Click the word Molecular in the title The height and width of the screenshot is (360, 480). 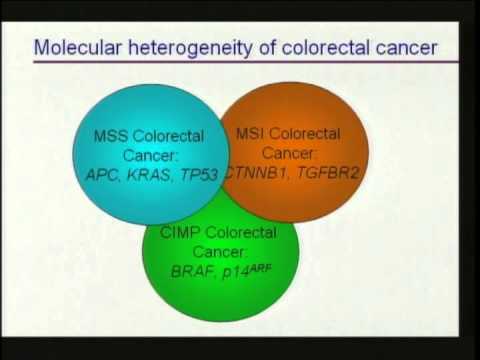(78, 47)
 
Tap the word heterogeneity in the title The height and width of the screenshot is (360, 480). (191, 48)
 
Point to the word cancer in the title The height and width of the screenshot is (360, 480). (406, 49)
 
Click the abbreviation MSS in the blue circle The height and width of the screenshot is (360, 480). (111, 136)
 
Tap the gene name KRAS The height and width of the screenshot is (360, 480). (148, 175)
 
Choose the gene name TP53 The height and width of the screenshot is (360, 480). (199, 175)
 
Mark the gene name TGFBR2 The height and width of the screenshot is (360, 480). (328, 173)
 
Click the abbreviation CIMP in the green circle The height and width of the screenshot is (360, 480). (180, 232)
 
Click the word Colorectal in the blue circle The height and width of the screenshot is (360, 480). (168, 136)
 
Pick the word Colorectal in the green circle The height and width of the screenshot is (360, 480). (241, 232)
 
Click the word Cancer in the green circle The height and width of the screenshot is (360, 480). (220, 252)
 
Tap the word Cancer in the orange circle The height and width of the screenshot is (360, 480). (288, 153)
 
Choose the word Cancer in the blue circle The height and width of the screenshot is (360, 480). (150, 155)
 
